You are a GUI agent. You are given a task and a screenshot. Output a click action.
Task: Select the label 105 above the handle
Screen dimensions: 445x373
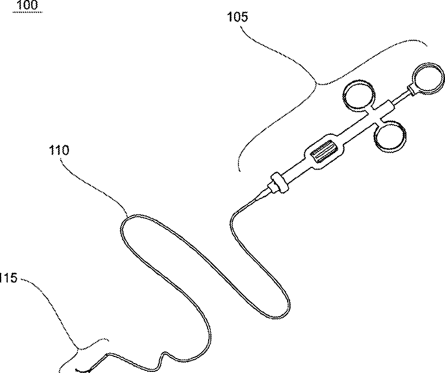(238, 17)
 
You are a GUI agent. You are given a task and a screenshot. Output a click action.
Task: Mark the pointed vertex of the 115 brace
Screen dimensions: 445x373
(79, 348)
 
